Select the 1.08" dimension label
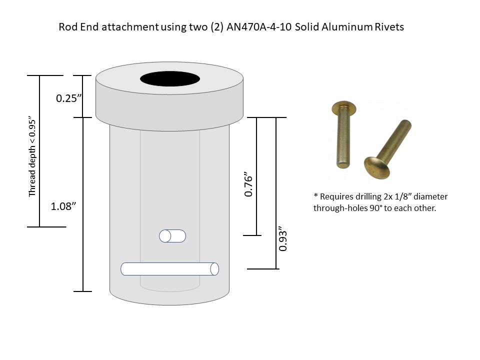tap(63, 206)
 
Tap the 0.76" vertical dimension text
tap(250, 185)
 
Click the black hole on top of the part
tap(169, 79)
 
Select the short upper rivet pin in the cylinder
tap(172, 236)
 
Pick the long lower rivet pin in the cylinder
tap(170, 268)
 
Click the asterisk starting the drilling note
tap(315, 196)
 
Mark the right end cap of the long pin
tap(214, 268)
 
